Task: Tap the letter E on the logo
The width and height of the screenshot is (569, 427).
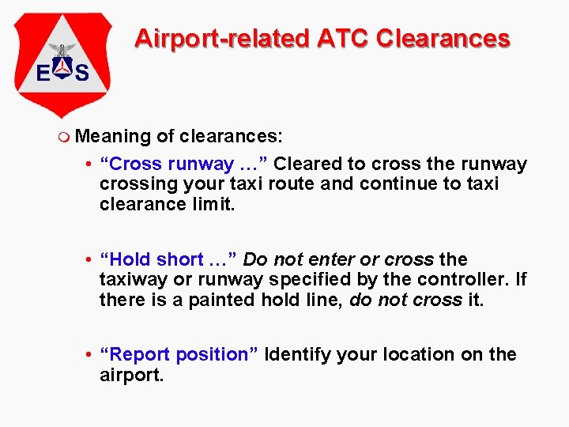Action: point(45,74)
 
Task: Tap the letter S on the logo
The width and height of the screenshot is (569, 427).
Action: point(81,74)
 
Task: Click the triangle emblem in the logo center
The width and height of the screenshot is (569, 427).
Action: point(63,70)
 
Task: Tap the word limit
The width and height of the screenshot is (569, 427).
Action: point(216,205)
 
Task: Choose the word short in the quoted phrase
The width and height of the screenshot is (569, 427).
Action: point(179,259)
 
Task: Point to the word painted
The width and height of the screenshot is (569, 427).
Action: point(220,300)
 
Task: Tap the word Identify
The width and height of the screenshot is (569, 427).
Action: point(298,354)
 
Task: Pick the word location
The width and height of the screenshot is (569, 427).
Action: point(415,354)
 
